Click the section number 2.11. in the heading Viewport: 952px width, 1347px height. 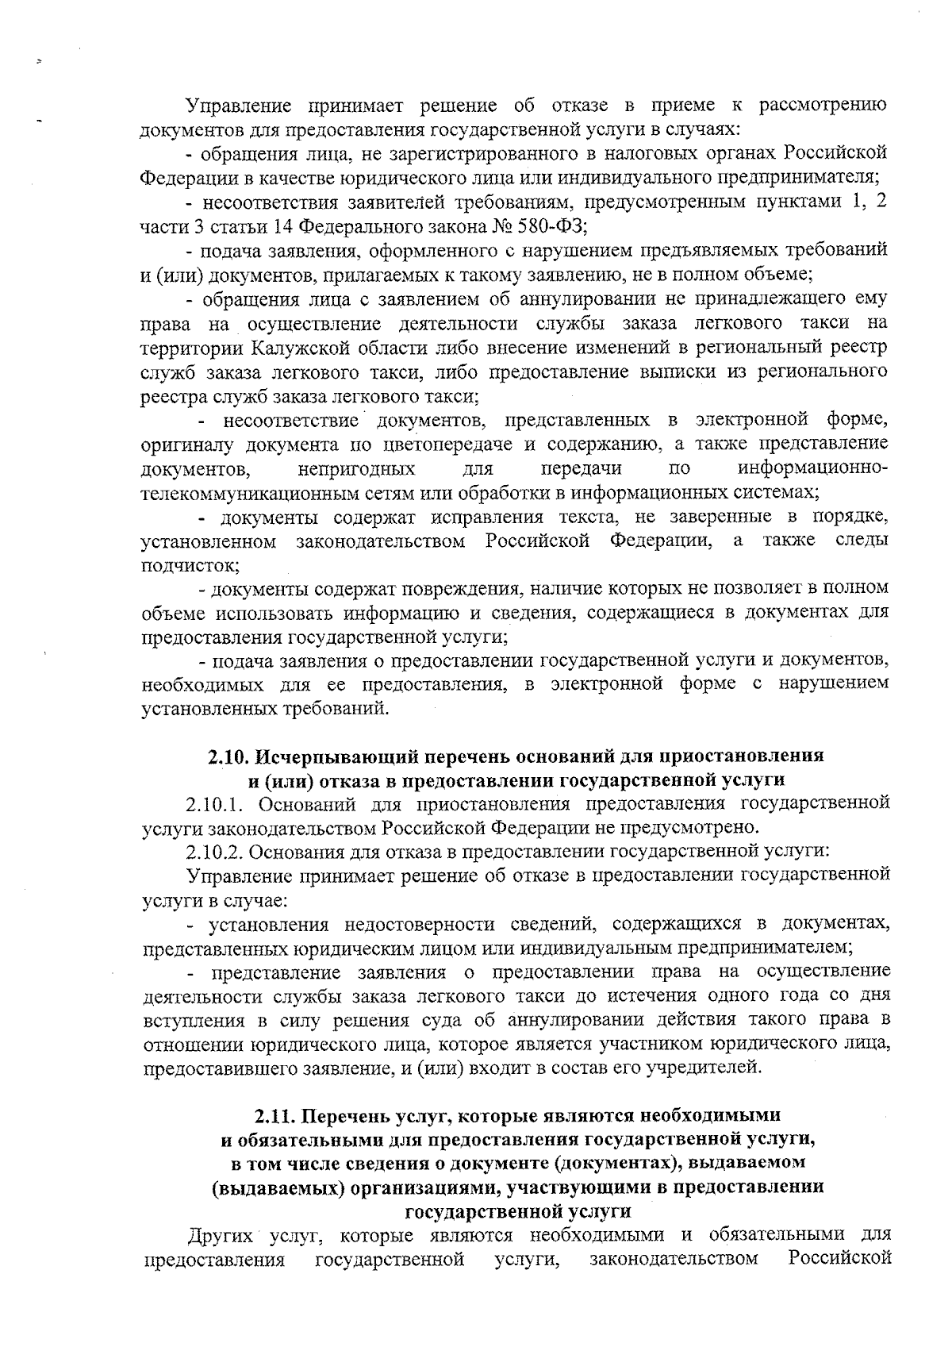277,1116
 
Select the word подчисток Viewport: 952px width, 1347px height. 188,566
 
